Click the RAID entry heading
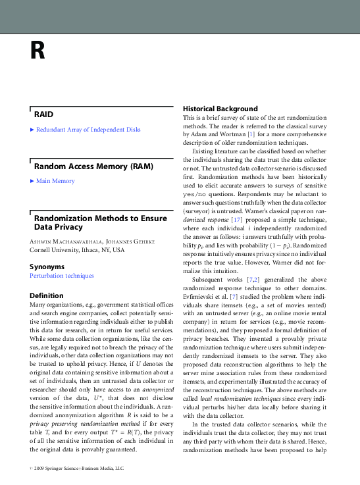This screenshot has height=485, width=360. pos(43,114)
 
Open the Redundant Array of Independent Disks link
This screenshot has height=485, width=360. pos(88,130)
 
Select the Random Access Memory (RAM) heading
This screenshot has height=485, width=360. pos(82,166)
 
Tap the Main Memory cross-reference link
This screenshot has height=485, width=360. pos(55,181)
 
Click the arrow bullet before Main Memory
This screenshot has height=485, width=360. pos(32,181)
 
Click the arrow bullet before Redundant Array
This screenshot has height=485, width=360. pos(32,130)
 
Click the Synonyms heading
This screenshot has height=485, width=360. pos(47,267)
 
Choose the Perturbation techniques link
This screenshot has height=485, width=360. pos(61,276)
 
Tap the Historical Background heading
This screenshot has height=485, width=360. pos(220,108)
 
